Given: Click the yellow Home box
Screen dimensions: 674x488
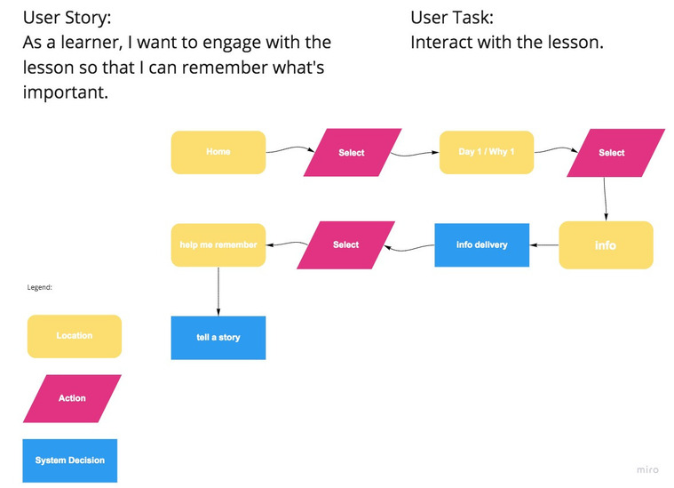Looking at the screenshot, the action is coord(218,152).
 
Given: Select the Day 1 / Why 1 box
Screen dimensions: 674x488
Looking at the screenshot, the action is coord(487,152).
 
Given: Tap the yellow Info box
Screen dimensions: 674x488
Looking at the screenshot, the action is coord(607,245).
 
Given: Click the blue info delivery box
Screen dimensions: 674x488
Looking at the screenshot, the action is coord(482,245).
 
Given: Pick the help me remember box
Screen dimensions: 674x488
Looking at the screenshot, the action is coord(218,245).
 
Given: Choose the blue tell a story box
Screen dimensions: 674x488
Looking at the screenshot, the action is coord(218,338).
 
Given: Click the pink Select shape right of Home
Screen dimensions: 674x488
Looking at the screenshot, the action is coord(353,152).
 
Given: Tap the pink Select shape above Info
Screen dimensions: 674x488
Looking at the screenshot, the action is coord(616,153).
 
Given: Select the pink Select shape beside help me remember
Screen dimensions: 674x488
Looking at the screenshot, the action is coord(346,245).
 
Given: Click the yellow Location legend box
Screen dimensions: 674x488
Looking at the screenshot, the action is coord(75,336).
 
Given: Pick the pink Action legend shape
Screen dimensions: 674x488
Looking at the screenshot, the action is coord(72,398).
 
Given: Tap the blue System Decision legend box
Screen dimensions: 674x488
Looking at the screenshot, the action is coord(69,460).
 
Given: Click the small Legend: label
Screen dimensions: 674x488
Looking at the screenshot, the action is coord(40,287).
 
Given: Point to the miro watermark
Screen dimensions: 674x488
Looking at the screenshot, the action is coord(647,469).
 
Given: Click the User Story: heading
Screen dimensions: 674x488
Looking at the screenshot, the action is coord(67,18).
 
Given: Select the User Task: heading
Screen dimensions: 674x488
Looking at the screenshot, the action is coord(452,18).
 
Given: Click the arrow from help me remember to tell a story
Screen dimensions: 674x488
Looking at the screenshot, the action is coord(218,292).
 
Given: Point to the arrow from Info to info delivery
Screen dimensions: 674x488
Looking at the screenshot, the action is coord(544,245).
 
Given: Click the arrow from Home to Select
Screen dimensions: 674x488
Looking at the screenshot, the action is coord(290,149).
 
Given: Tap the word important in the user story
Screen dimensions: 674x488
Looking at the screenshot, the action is coord(66,93).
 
